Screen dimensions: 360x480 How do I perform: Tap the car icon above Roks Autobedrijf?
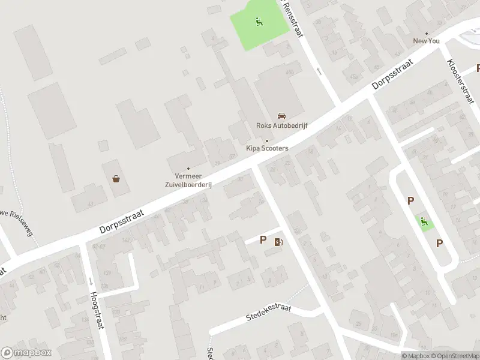tap(281, 116)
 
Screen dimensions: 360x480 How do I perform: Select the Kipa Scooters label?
tap(267, 148)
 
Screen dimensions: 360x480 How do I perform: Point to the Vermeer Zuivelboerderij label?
tap(188, 181)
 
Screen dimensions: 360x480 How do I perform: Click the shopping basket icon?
tap(116, 178)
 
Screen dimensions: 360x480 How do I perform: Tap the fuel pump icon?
tap(278, 242)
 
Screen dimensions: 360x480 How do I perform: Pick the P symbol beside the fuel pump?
tap(263, 240)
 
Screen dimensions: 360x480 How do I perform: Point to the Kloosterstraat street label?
tap(458, 83)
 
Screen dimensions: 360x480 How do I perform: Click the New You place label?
tap(426, 41)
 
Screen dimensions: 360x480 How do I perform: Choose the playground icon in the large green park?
tap(259, 22)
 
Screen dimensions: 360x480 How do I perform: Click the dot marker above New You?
tap(426, 34)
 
